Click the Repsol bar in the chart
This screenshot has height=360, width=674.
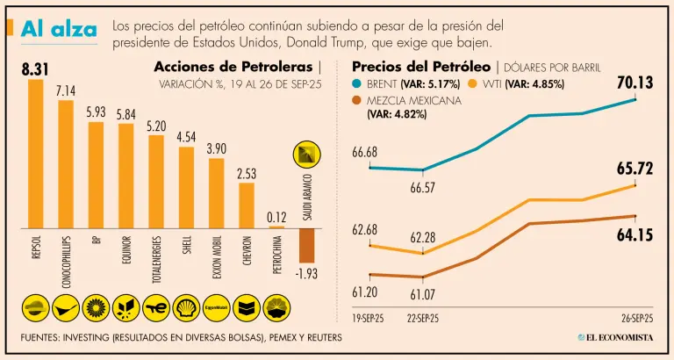pyautogui.click(x=36, y=154)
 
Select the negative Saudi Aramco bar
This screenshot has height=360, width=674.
pyautogui.click(x=306, y=246)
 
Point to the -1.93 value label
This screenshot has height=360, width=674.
pyautogui.click(x=305, y=275)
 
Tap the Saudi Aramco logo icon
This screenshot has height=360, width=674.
pyautogui.click(x=305, y=155)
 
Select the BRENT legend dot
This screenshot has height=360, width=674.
pyautogui.click(x=356, y=84)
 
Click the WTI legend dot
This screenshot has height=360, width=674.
pyautogui.click(x=472, y=84)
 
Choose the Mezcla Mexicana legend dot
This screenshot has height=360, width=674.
pyautogui.click(x=356, y=100)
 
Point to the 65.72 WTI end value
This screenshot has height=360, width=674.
pyautogui.click(x=635, y=169)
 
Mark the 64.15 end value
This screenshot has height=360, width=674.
pyautogui.click(x=635, y=234)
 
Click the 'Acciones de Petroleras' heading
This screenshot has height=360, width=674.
pyautogui.click(x=233, y=68)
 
